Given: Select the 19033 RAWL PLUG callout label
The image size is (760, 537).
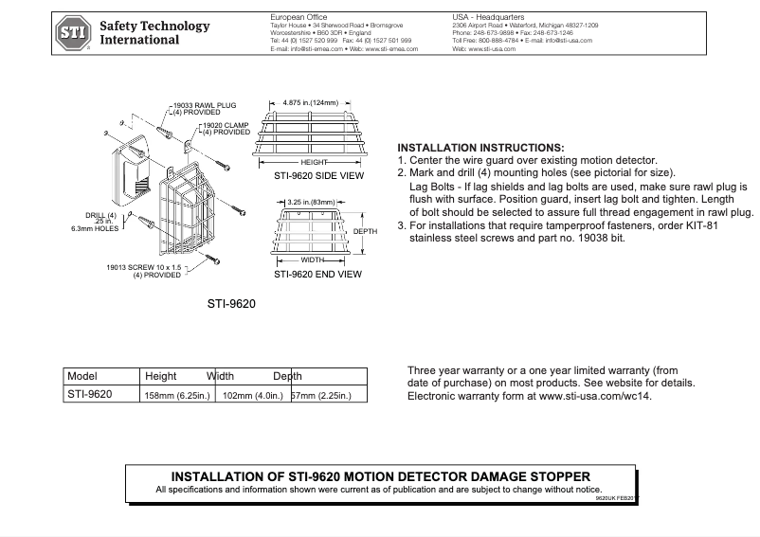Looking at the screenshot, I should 203,106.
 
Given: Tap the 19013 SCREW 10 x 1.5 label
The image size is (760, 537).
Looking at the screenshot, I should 144,272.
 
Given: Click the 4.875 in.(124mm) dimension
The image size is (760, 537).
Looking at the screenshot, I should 310,101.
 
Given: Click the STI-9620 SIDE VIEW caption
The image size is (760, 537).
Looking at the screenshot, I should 317,175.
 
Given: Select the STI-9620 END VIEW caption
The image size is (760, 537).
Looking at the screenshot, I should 317,275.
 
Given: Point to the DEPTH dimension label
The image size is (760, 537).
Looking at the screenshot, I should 365,232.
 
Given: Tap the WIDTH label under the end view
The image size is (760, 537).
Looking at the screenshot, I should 313,259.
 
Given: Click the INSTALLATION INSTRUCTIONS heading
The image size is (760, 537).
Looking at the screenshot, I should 480,149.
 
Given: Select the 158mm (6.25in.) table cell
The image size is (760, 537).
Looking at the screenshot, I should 176,395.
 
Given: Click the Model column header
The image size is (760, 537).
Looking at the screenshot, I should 83,376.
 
